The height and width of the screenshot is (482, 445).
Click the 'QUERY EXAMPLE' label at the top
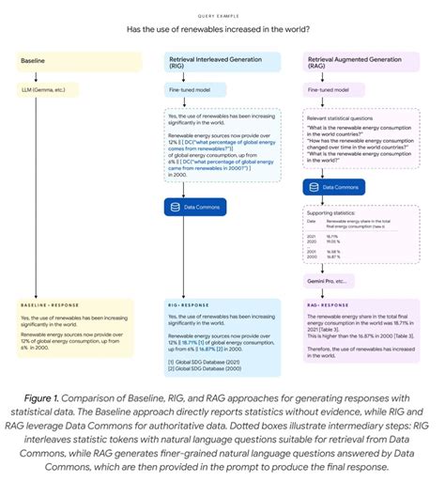[x=222, y=16]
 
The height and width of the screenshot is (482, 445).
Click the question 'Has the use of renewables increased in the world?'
[x=222, y=29]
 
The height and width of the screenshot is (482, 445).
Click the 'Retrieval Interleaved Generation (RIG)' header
[x=222, y=61]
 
